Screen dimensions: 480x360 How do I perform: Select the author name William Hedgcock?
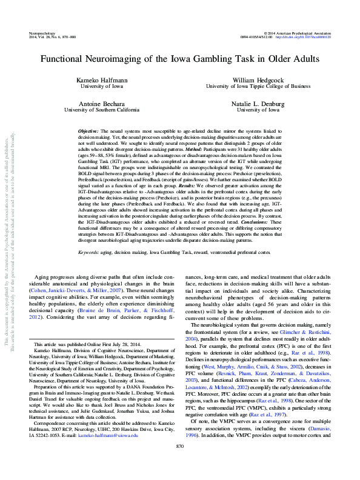coord(258,80)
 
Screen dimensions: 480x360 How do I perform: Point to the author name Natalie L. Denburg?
coord(258,104)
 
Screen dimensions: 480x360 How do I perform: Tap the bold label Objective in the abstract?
coord(89,132)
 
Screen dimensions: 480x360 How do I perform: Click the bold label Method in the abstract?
coord(194,148)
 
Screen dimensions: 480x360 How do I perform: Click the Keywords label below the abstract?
coord(90,251)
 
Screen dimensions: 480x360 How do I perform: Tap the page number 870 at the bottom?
coord(179,463)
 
